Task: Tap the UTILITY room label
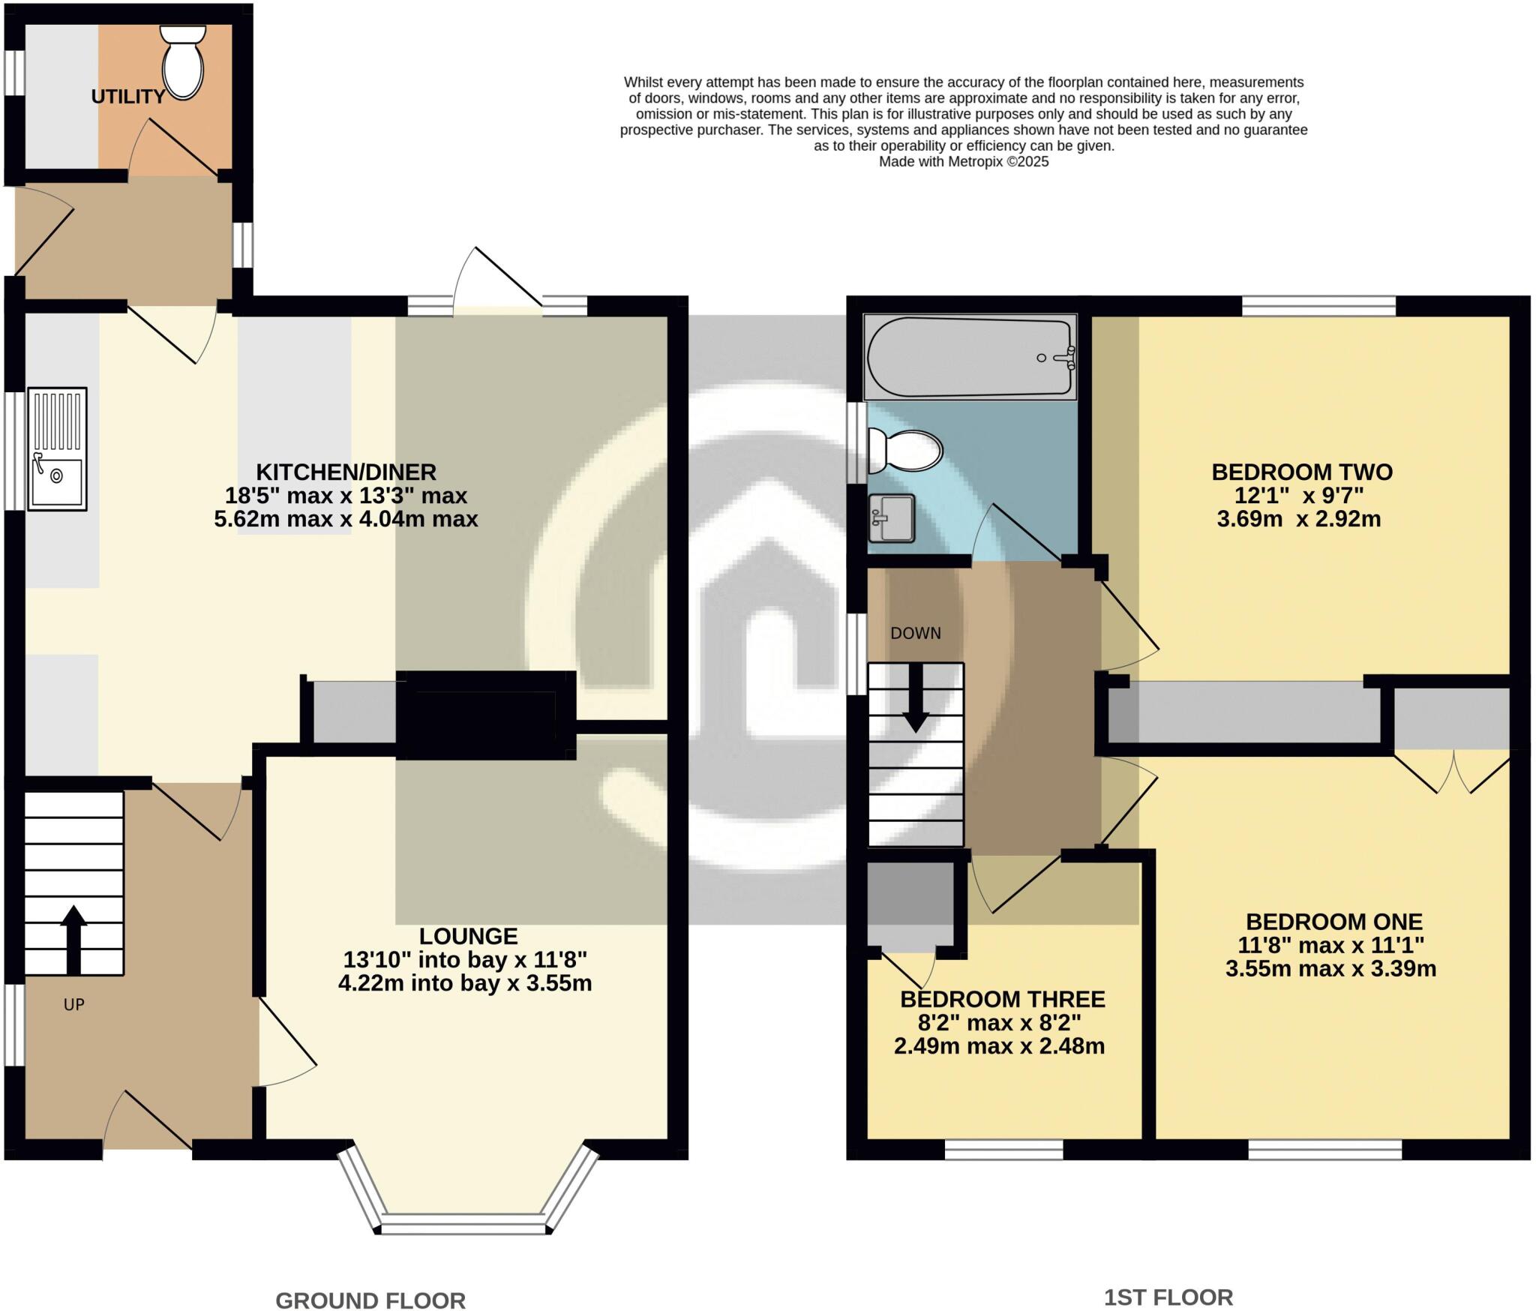coord(128,97)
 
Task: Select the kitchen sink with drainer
coord(57,448)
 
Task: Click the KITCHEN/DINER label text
coord(346,472)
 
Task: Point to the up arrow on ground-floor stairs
coord(73,939)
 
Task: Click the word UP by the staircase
coord(73,1005)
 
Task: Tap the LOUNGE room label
coord(468,936)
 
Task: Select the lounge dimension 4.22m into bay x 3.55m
coord(465,983)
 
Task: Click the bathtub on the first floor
coord(970,357)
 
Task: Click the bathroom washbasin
coord(892,517)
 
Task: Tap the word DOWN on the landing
coord(915,633)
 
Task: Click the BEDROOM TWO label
coord(1302,472)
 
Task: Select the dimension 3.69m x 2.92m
coord(1298,518)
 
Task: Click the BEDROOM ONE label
coord(1333,921)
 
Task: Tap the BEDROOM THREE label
coord(1002,999)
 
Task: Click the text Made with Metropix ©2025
coord(963,161)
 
